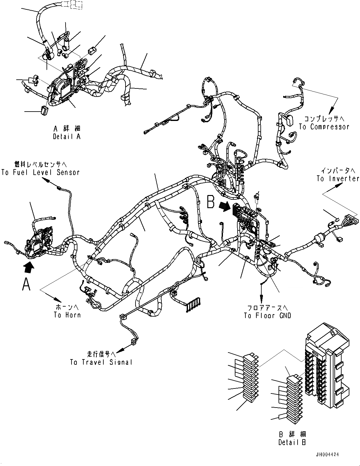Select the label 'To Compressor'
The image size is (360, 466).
point(324,127)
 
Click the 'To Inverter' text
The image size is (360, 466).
point(338,178)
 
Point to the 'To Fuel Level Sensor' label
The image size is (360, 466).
point(41,172)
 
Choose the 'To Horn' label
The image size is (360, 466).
point(67,315)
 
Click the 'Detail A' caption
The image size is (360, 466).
point(67,137)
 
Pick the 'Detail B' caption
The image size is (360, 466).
point(292,442)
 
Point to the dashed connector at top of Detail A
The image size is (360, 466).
point(72,4)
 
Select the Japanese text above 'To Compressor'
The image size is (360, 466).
point(324,119)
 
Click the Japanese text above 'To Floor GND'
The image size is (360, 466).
point(267,308)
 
